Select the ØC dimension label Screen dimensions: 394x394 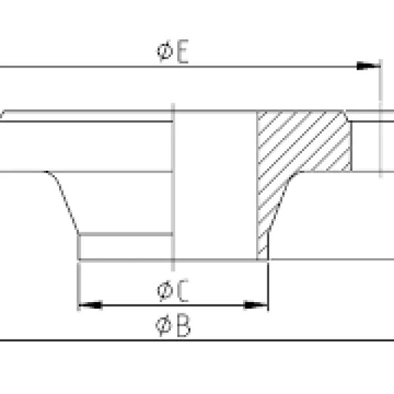[x=173, y=290]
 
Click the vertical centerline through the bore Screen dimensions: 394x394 [x=172, y=197]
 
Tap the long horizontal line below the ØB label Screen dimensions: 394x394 [x=197, y=340]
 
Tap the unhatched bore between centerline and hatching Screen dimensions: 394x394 [x=214, y=184]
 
